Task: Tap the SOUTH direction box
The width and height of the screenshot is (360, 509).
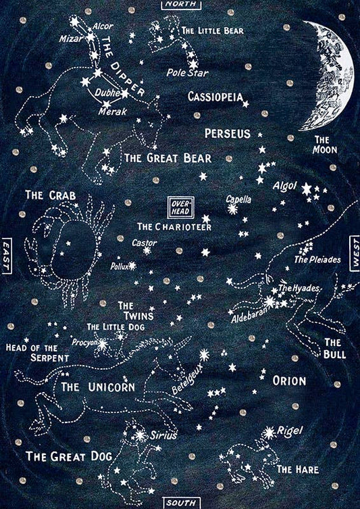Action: coord(180,503)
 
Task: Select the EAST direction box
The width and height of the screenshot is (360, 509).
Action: coord(7,255)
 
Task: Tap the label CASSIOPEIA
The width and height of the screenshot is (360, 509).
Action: coord(215,97)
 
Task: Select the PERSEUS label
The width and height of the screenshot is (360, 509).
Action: coord(228,133)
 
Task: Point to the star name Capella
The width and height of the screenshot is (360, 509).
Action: coord(238,199)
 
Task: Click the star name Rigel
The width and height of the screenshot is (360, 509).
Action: coord(290,431)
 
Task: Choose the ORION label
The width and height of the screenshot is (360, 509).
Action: coord(289,381)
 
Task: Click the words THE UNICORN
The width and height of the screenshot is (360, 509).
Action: coord(99,387)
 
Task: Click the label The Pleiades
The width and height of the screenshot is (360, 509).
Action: coord(317,260)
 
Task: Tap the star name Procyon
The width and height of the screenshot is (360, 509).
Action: coord(85,342)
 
